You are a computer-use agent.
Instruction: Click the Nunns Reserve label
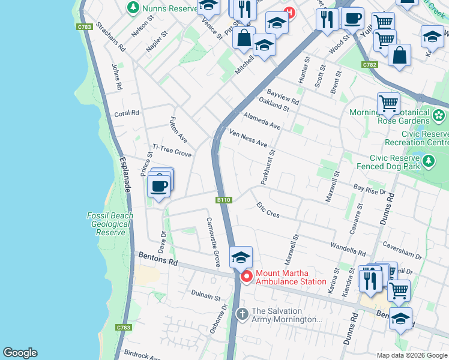pyautogui.click(x=169, y=8)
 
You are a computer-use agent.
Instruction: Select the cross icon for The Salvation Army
pyautogui.click(x=242, y=314)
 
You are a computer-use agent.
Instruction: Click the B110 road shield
pyautogui.click(x=223, y=200)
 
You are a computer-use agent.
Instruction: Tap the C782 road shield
pyautogui.click(x=369, y=64)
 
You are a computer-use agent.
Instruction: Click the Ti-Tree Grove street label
pyautogui.click(x=172, y=151)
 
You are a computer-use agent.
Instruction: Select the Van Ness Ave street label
pyautogui.click(x=248, y=137)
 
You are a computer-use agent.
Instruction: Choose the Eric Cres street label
pyautogui.click(x=268, y=210)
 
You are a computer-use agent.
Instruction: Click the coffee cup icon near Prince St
pyautogui.click(x=159, y=186)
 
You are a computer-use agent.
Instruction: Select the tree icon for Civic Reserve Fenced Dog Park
pyautogui.click(x=429, y=161)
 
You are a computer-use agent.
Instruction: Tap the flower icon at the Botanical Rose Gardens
pyautogui.click(x=439, y=115)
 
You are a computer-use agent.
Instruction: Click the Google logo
pyautogui.click(x=20, y=353)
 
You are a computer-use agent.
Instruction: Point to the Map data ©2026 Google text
pyautogui.click(x=412, y=355)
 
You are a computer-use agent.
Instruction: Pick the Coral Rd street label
pyautogui.click(x=126, y=113)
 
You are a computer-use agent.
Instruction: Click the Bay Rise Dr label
pyautogui.click(x=370, y=190)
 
